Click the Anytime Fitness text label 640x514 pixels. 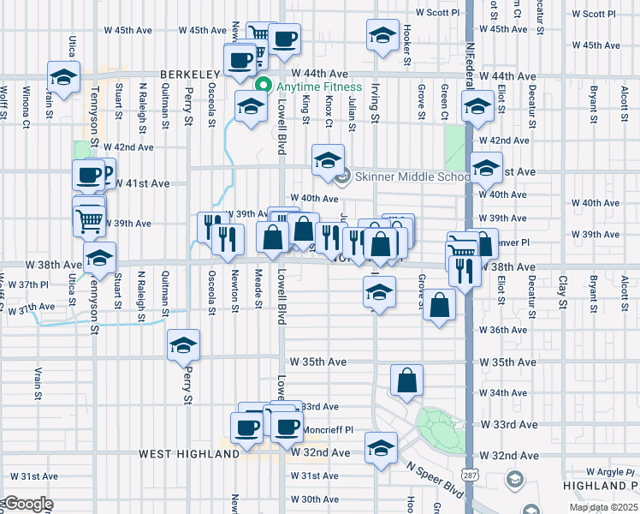[316, 87]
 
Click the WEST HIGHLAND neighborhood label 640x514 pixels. [188, 453]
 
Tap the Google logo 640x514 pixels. [27, 505]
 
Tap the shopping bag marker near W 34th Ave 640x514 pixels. [406, 380]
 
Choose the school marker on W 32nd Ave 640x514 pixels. [381, 446]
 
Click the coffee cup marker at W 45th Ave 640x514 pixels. [284, 39]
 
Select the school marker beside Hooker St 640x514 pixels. [382, 36]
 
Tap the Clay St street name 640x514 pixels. [563, 290]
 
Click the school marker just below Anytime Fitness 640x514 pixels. [250, 108]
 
